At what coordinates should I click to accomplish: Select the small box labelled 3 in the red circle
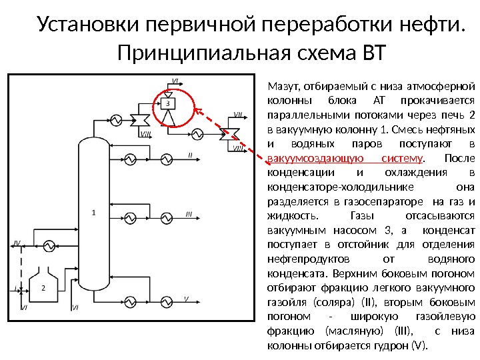pyautogui.click(x=168, y=103)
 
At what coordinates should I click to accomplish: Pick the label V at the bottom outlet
pyautogui.click(x=187, y=298)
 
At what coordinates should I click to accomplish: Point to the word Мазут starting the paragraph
pyautogui.click(x=283, y=85)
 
